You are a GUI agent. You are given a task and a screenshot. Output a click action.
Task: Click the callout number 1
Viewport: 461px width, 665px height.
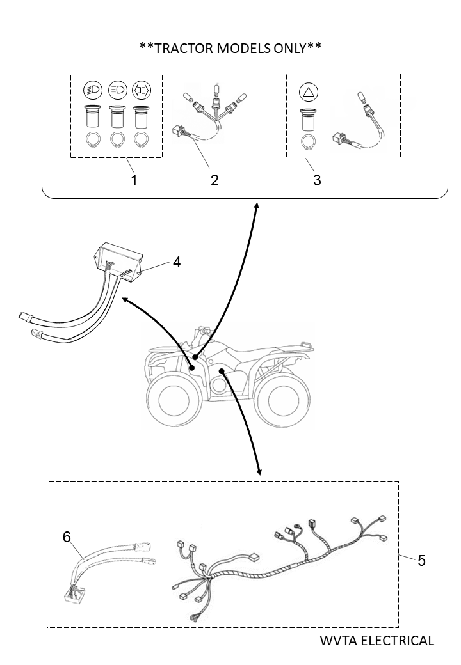134,180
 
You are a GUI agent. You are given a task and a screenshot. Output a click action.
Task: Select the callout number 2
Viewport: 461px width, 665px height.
214,180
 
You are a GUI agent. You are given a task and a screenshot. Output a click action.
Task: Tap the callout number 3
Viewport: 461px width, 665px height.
317,180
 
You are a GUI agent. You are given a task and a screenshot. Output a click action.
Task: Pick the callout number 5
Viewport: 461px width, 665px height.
421,560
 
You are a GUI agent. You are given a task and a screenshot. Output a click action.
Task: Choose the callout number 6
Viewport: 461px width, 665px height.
67,537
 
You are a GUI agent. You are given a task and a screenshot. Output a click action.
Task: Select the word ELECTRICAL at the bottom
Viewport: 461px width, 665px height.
398,640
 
